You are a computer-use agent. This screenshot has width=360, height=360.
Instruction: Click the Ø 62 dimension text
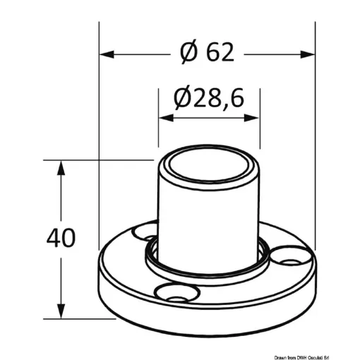click(x=207, y=52)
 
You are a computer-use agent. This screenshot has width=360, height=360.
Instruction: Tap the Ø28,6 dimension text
click(x=209, y=98)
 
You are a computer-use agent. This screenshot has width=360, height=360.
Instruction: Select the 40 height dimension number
click(x=61, y=237)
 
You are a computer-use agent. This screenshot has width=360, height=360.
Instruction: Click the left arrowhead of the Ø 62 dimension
click(x=106, y=52)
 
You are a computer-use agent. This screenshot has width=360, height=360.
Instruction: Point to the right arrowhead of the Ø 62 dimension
click(x=308, y=52)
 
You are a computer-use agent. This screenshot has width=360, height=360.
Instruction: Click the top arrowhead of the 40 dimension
click(x=61, y=167)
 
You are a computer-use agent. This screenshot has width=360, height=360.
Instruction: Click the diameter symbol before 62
click(x=188, y=52)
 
